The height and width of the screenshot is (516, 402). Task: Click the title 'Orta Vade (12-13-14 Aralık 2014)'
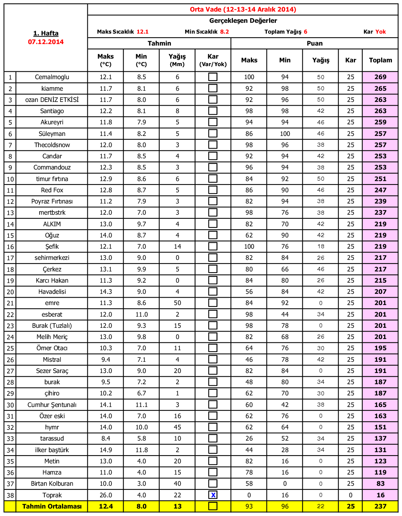(243, 9)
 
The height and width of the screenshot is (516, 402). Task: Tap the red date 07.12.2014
(46, 42)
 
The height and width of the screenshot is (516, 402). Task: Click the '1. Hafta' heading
(46, 33)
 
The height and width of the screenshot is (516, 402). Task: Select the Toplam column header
(380, 60)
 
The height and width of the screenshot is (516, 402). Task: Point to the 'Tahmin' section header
(159, 43)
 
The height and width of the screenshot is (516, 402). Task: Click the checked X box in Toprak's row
(213, 495)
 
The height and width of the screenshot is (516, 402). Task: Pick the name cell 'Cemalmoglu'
(52, 77)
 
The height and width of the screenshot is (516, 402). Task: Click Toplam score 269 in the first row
(380, 77)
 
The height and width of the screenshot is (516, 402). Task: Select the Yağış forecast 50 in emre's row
(177, 303)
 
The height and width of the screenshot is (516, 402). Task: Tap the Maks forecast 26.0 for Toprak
(106, 495)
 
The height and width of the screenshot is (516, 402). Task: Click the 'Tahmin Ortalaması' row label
(52, 506)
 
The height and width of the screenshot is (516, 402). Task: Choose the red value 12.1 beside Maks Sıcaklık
(143, 32)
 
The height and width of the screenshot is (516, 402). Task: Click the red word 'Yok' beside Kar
(381, 32)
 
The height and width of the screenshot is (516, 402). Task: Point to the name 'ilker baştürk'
(52, 450)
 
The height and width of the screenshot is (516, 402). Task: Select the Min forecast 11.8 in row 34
(141, 450)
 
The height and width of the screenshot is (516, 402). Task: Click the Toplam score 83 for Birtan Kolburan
(380, 484)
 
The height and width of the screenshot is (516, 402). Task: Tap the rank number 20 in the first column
(10, 292)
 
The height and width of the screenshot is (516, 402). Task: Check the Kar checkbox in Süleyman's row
(213, 133)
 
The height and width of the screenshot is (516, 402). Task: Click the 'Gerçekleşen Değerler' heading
(243, 21)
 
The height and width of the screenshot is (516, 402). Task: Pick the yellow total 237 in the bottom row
(380, 506)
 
